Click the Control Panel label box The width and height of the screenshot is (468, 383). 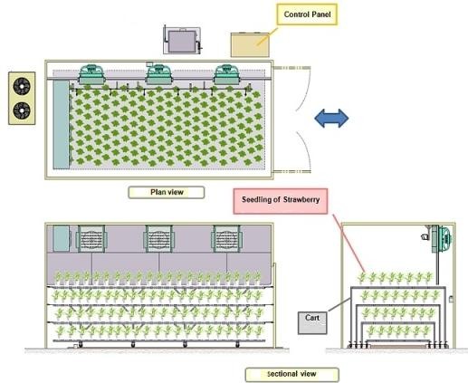[x=307, y=14]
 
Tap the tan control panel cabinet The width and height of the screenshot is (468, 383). [x=250, y=45]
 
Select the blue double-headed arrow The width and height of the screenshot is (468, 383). [x=331, y=118]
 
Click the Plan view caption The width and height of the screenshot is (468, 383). [x=167, y=192]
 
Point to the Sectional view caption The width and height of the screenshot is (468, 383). [x=291, y=374]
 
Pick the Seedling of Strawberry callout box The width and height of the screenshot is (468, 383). [x=281, y=201]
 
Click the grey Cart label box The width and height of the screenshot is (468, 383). [x=312, y=323]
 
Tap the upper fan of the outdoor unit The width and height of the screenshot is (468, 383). [x=22, y=86]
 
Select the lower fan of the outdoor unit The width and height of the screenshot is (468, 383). [x=22, y=110]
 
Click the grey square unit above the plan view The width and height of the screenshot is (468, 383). [x=182, y=41]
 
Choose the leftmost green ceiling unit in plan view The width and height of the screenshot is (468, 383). [x=92, y=74]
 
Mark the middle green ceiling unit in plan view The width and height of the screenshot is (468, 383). [x=159, y=74]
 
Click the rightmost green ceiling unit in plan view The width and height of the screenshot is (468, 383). [x=227, y=74]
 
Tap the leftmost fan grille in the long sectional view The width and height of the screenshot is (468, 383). [x=91, y=238]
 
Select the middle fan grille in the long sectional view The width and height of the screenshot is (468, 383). [x=159, y=238]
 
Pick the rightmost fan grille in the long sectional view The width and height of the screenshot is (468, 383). [x=227, y=238]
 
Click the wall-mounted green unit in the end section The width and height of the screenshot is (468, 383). [x=442, y=239]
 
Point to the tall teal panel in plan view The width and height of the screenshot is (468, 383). [x=62, y=125]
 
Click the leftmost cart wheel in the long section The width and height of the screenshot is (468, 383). [x=81, y=344]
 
